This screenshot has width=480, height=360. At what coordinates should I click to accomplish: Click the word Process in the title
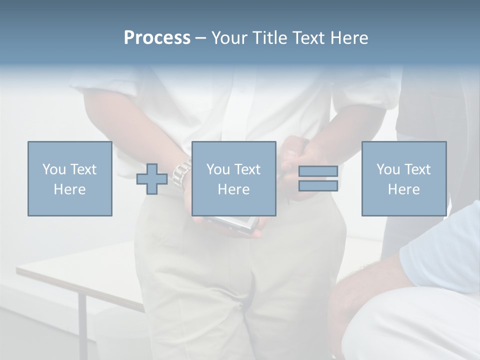click(157, 38)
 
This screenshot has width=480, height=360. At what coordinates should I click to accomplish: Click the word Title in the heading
click(268, 38)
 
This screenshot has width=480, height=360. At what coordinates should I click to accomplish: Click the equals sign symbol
click(318, 178)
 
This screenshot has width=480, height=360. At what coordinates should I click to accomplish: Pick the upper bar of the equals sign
click(318, 171)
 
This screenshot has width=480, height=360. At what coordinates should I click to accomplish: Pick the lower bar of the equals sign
click(318, 185)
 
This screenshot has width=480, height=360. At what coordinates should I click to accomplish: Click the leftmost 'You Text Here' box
click(70, 178)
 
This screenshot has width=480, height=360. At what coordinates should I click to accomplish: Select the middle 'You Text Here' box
click(234, 178)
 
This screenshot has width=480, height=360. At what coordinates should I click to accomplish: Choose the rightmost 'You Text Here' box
click(404, 178)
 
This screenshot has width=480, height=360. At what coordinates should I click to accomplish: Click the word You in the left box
click(53, 169)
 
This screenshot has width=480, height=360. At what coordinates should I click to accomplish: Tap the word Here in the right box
click(404, 189)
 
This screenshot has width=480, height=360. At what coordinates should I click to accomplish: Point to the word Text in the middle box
click(246, 169)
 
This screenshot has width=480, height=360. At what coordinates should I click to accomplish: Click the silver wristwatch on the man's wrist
click(182, 173)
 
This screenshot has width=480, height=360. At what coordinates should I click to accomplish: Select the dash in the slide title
click(200, 38)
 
